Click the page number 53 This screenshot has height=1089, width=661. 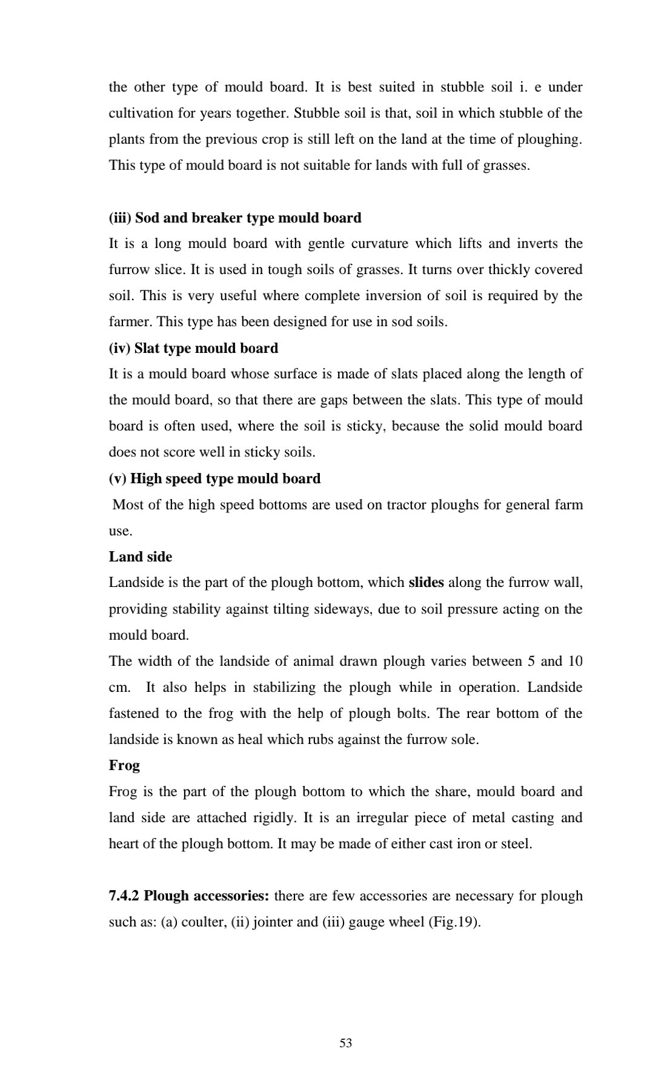346,1043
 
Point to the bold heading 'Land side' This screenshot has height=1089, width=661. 141,557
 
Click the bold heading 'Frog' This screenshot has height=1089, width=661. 124,765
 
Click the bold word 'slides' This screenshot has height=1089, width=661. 427,583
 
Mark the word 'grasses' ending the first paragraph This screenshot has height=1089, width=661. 505,166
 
